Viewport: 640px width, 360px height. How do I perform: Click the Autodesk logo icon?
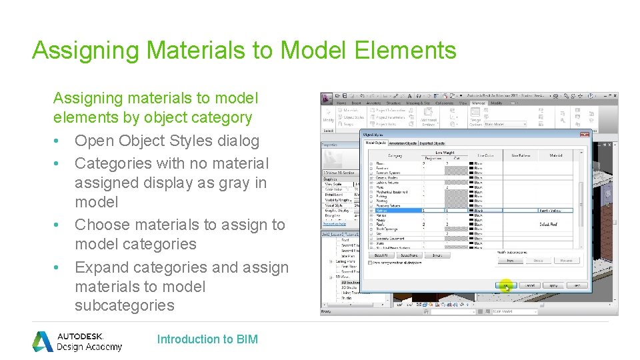point(43,341)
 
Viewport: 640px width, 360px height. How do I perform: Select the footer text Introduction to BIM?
point(207,339)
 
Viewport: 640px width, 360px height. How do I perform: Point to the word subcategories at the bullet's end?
point(125,305)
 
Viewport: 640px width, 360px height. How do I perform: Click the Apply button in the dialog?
point(553,285)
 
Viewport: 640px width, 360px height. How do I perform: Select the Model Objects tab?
point(376,143)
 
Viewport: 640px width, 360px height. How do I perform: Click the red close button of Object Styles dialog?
point(585,135)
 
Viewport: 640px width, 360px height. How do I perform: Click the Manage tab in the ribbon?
point(479,103)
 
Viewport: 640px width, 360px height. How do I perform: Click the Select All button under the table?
point(380,255)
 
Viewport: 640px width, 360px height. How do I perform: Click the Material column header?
point(555,155)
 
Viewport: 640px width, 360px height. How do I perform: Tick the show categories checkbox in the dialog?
point(371,263)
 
